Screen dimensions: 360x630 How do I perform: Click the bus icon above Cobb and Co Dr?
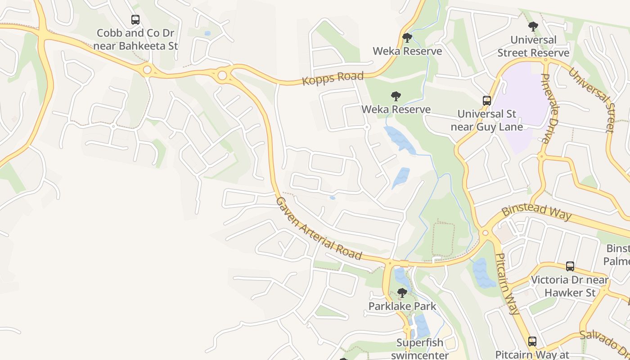tap(135, 20)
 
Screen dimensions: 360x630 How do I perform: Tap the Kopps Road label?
tap(333, 77)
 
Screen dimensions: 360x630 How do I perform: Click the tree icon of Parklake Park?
tap(402, 293)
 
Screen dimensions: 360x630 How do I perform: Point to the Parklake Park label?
tap(402, 306)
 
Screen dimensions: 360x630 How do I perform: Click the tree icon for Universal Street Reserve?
tap(533, 27)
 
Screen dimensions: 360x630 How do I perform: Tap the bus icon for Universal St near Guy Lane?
tap(486, 100)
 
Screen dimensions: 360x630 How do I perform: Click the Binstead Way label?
tap(536, 211)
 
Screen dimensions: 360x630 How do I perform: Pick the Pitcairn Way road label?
tap(507, 283)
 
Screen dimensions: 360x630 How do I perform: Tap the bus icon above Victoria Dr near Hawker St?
tap(570, 266)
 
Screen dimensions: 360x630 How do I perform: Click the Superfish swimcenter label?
tap(419, 348)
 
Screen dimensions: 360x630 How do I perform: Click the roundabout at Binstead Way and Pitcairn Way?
tap(485, 233)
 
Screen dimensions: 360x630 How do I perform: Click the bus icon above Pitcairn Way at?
tap(532, 341)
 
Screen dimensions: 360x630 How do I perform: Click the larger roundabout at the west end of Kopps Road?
tap(222, 75)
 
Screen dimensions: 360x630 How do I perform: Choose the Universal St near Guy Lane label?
tap(487, 120)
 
